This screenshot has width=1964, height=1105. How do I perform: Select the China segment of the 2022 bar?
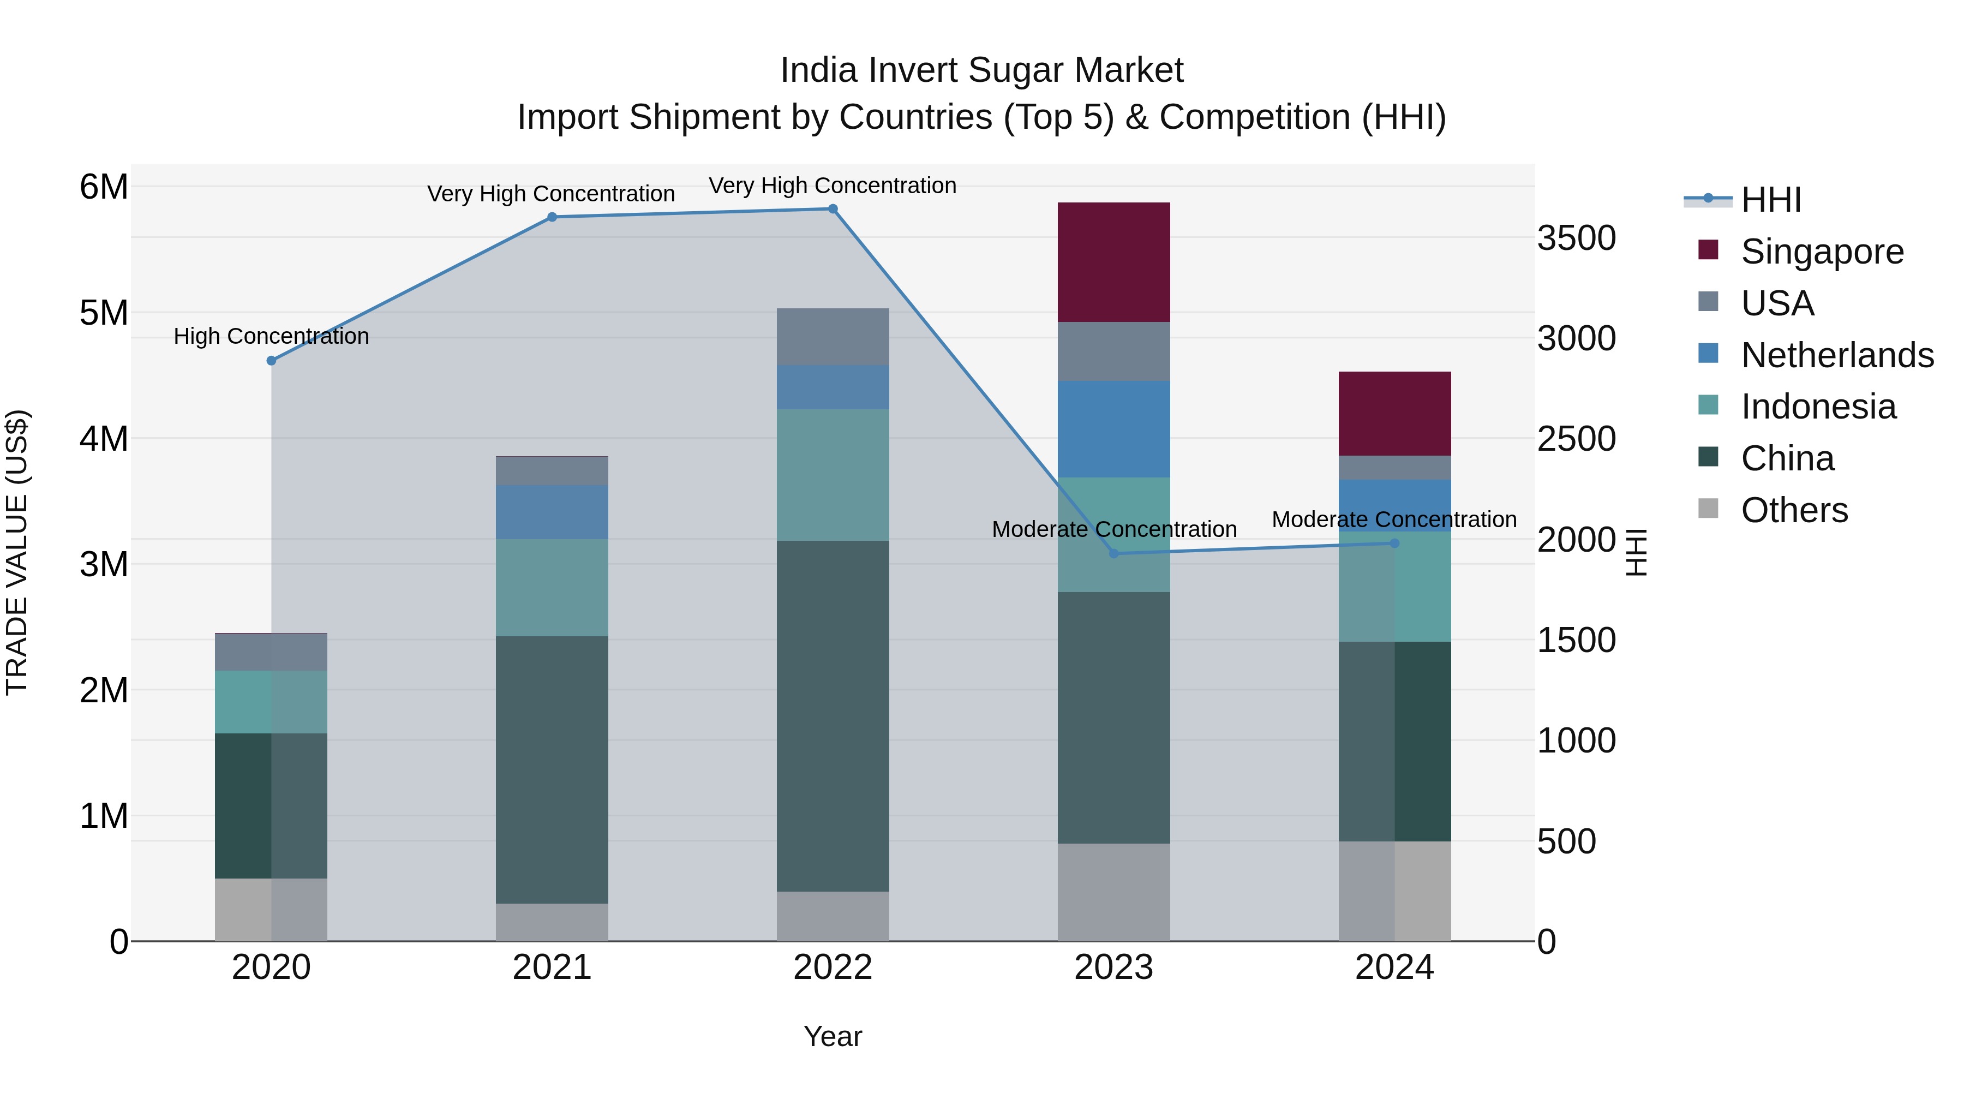coord(833,715)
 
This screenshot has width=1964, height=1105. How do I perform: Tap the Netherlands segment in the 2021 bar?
coord(552,512)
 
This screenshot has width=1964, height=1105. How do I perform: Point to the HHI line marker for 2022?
coord(833,209)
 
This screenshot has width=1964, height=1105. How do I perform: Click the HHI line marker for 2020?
coord(272,360)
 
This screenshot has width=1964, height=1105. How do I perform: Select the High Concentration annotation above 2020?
coord(272,336)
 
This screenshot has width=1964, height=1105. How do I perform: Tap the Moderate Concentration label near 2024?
coord(1394,519)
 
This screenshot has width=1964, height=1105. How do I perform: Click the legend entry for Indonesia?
coord(1818,407)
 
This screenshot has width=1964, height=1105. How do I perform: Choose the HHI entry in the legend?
coord(1771,200)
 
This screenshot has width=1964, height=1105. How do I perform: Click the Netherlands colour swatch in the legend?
coord(1709,354)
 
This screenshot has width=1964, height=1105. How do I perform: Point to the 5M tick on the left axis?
coord(104,313)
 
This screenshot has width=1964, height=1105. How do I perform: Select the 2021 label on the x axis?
coord(552,967)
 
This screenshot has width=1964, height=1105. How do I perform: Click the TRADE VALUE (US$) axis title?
coord(17,552)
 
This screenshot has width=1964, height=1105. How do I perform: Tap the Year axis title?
coord(833,1036)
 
